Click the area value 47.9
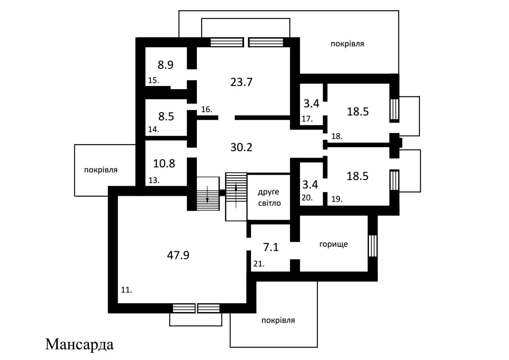pyautogui.click(x=178, y=255)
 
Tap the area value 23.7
pyautogui.click(x=241, y=82)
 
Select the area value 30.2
pyautogui.click(x=241, y=147)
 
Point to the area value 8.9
pyautogui.click(x=166, y=65)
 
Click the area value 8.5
pyautogui.click(x=166, y=117)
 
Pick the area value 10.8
pyautogui.click(x=164, y=163)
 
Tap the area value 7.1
pyautogui.click(x=271, y=247)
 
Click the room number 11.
pyautogui.click(x=126, y=290)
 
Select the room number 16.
pyautogui.click(x=206, y=109)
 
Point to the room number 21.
pyautogui.click(x=259, y=264)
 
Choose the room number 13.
pyautogui.click(x=154, y=180)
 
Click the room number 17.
pyautogui.click(x=307, y=119)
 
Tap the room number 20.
pyautogui.click(x=307, y=198)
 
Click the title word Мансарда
pyautogui.click(x=79, y=345)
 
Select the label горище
pyautogui.click(x=334, y=244)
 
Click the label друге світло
pyautogui.click(x=269, y=197)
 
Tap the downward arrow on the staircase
pyautogui.click(x=208, y=194)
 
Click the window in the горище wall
pyautogui.click(x=373, y=246)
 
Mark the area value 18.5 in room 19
pyautogui.click(x=357, y=176)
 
